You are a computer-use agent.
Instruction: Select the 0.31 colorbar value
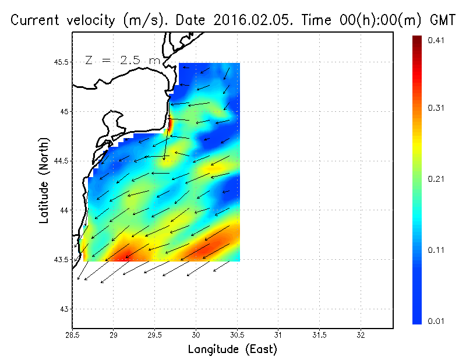[x=436, y=108]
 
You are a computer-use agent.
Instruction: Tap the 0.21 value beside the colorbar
[x=436, y=179]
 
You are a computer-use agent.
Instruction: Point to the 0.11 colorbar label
[x=436, y=250]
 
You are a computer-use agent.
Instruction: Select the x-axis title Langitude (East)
[x=232, y=350]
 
